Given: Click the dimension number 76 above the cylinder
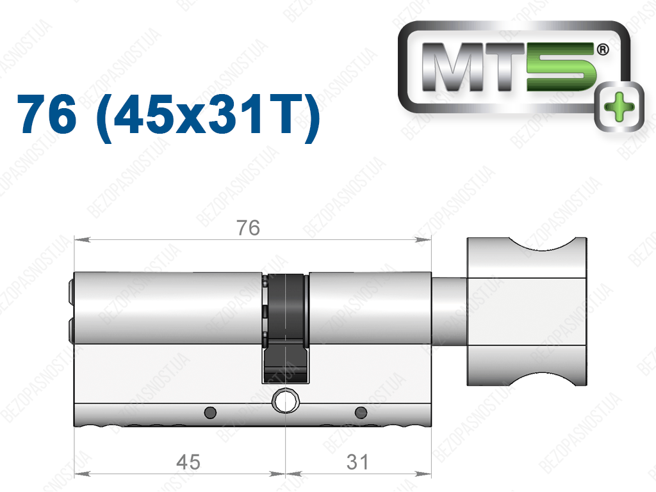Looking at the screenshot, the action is [248, 228].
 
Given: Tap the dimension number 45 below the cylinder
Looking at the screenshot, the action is [188, 462].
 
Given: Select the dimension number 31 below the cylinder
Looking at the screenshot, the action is [357, 462].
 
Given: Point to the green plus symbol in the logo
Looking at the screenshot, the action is [619, 106].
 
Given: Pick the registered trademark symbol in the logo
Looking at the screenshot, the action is [602, 50].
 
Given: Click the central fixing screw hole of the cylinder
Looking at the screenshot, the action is [286, 401].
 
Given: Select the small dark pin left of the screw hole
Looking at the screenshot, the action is [210, 413].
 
